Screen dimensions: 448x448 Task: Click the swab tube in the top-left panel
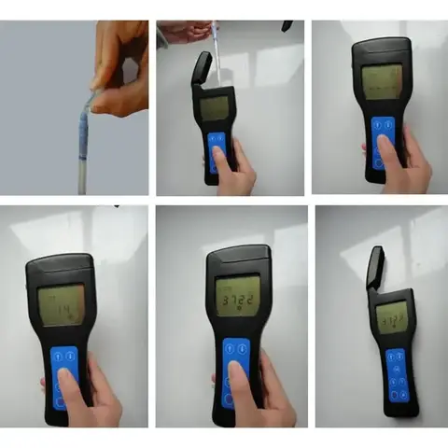point(83,140)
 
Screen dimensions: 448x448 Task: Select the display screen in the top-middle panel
point(214,108)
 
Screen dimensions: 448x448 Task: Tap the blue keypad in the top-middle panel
point(217,149)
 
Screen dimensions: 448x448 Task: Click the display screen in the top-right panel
point(382,82)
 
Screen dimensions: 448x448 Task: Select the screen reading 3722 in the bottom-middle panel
point(237,299)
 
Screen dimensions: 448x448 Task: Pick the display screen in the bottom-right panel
point(393,318)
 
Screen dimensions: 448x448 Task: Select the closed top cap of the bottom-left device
point(58,266)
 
